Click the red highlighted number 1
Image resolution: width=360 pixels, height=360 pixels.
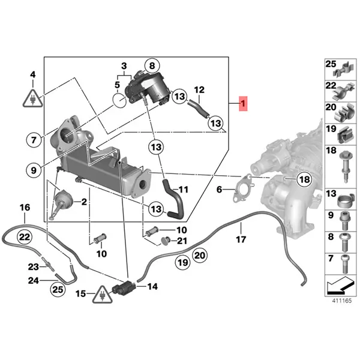coord(243,104)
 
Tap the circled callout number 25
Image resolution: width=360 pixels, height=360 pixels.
coord(56,290)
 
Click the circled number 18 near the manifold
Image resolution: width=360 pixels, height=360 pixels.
coord(304,179)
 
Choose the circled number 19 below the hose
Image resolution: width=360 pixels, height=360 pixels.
coord(183,262)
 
